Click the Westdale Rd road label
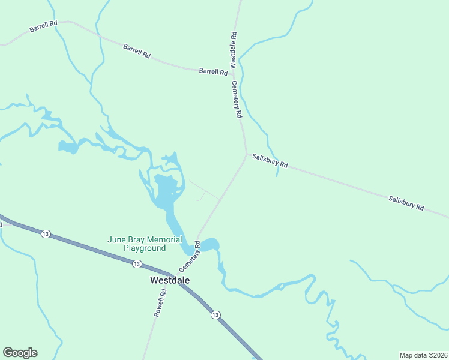click(x=233, y=50)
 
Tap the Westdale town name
click(x=170, y=280)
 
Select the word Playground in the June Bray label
click(x=145, y=248)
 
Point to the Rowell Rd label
click(x=159, y=303)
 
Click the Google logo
click(x=20, y=353)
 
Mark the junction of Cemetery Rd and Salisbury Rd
click(x=246, y=154)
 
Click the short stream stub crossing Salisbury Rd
click(x=277, y=170)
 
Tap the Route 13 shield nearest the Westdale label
click(x=137, y=263)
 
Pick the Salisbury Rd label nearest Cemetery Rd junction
click(x=270, y=161)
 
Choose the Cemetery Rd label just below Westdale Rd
click(x=236, y=98)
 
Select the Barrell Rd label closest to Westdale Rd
click(x=213, y=71)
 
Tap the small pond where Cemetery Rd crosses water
click(x=208, y=245)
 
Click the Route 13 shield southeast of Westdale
click(x=215, y=314)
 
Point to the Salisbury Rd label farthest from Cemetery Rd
click(x=406, y=203)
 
